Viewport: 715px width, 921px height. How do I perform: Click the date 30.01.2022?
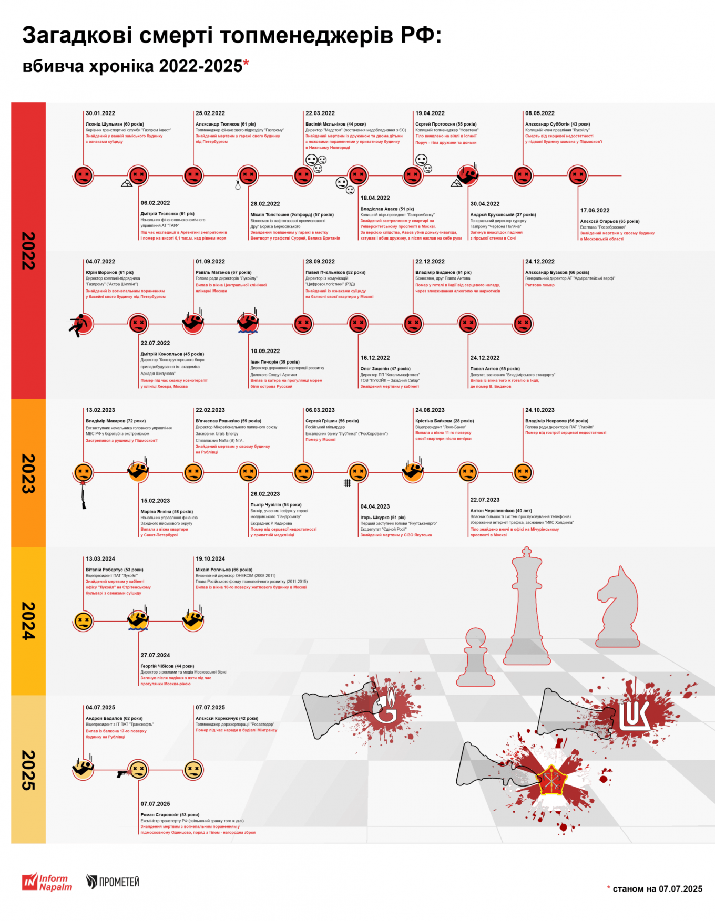[100, 113]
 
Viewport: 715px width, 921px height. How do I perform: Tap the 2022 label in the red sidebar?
[28, 251]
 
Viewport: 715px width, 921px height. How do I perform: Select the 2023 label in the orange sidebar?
[28, 473]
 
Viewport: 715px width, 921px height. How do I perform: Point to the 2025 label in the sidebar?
[28, 770]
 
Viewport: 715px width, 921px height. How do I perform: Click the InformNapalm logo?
[47, 882]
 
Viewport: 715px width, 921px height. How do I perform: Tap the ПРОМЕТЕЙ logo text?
[113, 882]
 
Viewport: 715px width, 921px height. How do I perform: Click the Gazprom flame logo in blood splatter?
[387, 707]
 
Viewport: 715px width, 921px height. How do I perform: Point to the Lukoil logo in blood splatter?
[633, 714]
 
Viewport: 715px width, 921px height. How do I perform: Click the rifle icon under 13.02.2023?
[83, 495]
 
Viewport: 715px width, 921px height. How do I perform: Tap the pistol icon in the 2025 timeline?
[122, 773]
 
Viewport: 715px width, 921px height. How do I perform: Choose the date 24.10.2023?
[540, 410]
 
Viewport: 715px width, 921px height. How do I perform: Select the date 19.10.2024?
[210, 558]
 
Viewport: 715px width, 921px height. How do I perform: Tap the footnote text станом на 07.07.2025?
[657, 888]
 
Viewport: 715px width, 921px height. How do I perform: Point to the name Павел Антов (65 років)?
[495, 368]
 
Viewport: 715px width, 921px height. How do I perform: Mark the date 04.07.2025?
[100, 707]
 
